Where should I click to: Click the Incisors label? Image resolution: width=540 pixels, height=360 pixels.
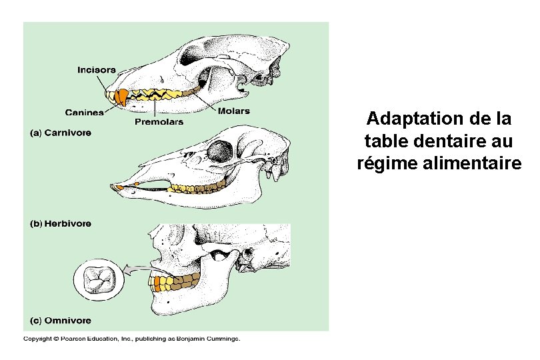[x=97, y=69]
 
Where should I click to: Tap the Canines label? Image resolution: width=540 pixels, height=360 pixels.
[x=84, y=112]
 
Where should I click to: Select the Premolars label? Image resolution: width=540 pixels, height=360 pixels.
[x=159, y=122]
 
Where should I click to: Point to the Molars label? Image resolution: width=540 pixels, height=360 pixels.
[x=233, y=111]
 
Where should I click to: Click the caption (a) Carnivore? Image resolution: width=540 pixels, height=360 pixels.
[x=61, y=133]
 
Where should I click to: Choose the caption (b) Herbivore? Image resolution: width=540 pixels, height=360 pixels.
[x=61, y=224]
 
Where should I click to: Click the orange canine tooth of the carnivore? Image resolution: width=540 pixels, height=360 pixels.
[x=121, y=97]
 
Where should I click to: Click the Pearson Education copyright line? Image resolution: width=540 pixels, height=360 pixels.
[x=131, y=339]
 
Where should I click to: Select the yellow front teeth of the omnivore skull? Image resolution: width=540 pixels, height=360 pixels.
[x=160, y=283]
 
